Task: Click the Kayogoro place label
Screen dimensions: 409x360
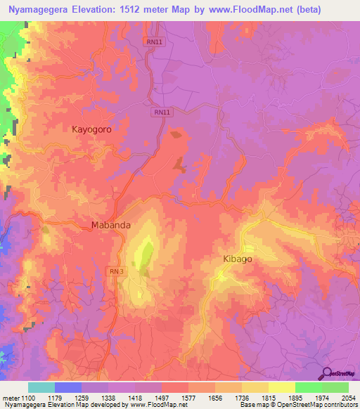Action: (x=91, y=129)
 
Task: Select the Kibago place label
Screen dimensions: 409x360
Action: (x=237, y=259)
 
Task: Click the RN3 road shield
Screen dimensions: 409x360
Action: (x=116, y=271)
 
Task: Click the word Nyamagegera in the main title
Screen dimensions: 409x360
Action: (x=40, y=10)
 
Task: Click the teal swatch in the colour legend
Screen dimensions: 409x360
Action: (x=41, y=387)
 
